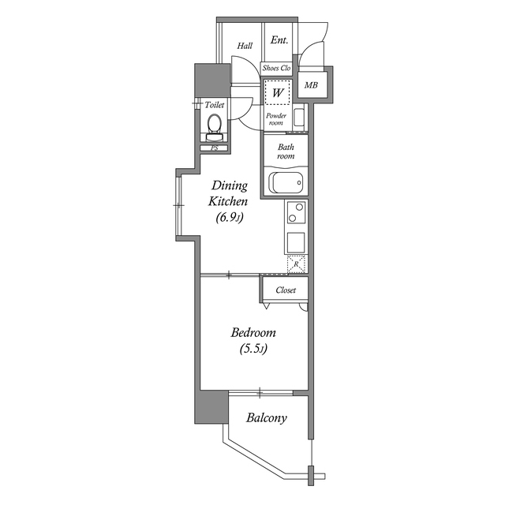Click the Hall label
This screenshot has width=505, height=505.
pyautogui.click(x=245, y=46)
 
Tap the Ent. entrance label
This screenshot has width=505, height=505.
pyautogui.click(x=279, y=40)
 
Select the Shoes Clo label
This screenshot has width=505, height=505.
pyautogui.click(x=277, y=69)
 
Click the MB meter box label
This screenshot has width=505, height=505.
pyautogui.click(x=312, y=84)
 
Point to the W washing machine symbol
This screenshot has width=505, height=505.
pyautogui.click(x=277, y=92)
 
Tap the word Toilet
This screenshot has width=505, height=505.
pyautogui.click(x=215, y=105)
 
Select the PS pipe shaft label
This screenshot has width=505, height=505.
pyautogui.click(x=214, y=148)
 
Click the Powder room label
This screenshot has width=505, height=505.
pyautogui.click(x=275, y=119)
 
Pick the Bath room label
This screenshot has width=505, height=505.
pyautogui.click(x=286, y=151)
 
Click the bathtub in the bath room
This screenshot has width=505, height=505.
pyautogui.click(x=286, y=183)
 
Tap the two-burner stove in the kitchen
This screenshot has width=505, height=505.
pyautogui.click(x=297, y=213)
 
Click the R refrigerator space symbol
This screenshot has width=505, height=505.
pyautogui.click(x=297, y=265)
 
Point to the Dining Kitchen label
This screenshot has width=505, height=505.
pyautogui.click(x=228, y=193)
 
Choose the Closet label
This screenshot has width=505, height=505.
pyautogui.click(x=286, y=290)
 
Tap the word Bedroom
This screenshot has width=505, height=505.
pyautogui.click(x=253, y=332)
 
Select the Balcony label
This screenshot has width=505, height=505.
pyautogui.click(x=266, y=418)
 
